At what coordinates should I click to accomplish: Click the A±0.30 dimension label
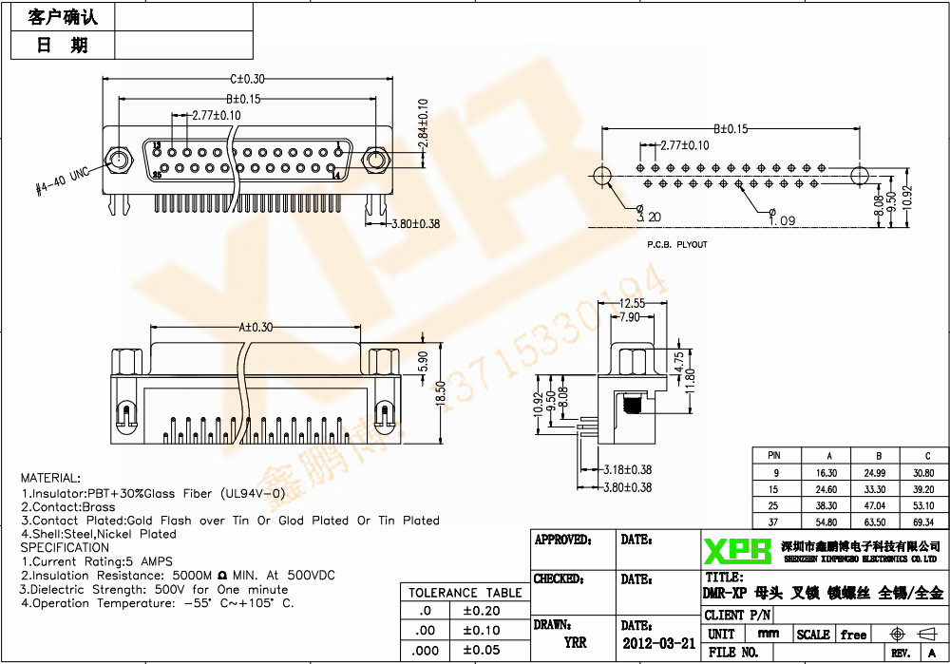[255, 327]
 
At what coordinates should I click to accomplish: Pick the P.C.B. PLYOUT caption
[677, 244]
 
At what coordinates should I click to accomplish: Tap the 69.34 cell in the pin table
[922, 522]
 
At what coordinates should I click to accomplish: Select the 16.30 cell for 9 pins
[826, 472]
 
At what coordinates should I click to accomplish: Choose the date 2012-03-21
[658, 643]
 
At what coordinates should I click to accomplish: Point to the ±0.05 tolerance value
[480, 650]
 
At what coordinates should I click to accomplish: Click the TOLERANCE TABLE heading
[465, 593]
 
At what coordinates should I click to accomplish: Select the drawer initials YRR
[575, 643]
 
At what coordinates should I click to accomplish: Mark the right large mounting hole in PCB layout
[859, 176]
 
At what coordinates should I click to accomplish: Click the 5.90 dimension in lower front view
[423, 362]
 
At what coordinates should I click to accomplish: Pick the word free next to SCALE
[853, 635]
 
